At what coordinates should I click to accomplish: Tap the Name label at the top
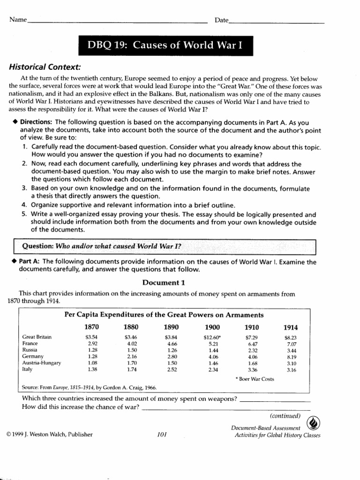click(x=17, y=20)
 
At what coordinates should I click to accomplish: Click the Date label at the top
click(x=222, y=20)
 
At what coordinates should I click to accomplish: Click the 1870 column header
click(x=91, y=327)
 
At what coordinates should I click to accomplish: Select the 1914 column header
click(x=290, y=327)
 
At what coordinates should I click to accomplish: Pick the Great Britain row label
click(x=37, y=337)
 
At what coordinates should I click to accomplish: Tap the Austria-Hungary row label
click(x=42, y=363)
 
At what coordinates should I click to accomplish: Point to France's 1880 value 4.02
click(x=131, y=344)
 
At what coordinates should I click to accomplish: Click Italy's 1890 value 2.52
click(x=170, y=369)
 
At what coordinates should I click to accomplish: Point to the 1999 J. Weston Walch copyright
click(x=50, y=434)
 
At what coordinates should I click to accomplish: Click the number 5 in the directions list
click(x=24, y=214)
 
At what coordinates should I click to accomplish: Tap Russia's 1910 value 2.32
click(x=252, y=350)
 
